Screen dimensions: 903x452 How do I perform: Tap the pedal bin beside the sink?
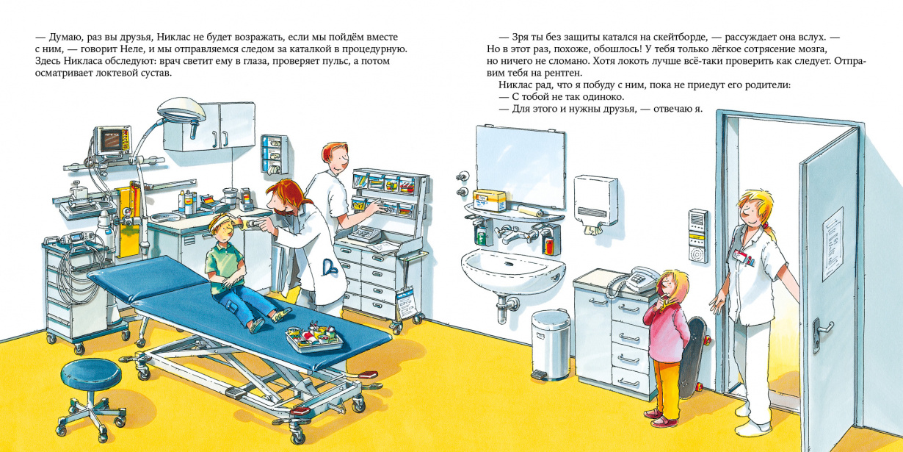[x=551, y=345]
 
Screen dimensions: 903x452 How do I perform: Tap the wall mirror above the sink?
[x=520, y=166]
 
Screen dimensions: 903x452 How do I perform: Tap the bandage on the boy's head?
[x=221, y=221]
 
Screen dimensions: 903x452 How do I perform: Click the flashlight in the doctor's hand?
[x=249, y=223]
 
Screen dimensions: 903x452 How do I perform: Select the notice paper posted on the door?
[x=833, y=244]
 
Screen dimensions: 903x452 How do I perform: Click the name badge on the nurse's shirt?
[x=741, y=256]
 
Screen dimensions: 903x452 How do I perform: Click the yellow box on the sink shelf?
[x=490, y=200]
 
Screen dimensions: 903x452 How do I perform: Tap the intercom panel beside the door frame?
[x=698, y=236]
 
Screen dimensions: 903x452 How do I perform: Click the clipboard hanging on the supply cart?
[x=405, y=303]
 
